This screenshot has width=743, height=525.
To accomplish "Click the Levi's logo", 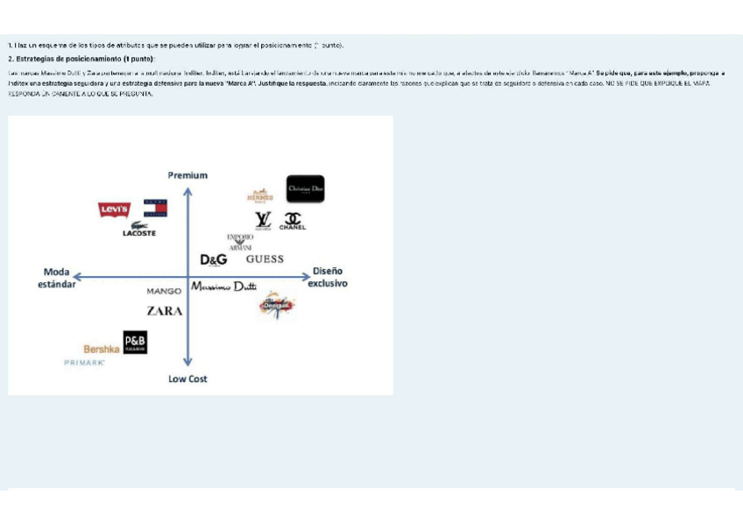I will pos(114,209).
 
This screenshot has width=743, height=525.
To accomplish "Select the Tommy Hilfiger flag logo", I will pos(155,208).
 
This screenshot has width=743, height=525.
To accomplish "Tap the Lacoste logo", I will pos(139,232).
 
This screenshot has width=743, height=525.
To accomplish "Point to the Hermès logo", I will pos(260,196).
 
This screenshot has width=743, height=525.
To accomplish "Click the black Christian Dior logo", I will pos(305,188).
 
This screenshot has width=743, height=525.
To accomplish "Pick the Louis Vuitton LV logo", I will pos(263,220).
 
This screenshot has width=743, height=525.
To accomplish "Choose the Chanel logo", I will pos(293,220).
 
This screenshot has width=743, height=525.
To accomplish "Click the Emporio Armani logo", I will pos(240,242).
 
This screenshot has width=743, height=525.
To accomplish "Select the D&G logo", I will pos(214,259).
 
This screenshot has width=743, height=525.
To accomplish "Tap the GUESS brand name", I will pos(265,259).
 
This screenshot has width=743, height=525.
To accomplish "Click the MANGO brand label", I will pos(164,290).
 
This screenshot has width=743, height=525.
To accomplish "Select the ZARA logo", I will pos(165,310).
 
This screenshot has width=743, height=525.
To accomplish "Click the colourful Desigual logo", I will pos(278,305).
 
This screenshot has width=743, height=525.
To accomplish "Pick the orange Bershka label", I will pos(102,349).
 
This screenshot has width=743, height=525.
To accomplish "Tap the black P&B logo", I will pos(135,343).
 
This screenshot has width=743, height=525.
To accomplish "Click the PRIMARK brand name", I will pos(84,363).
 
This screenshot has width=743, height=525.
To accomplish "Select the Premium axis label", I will pos(188,175).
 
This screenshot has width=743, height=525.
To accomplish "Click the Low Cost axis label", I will pos(188,379).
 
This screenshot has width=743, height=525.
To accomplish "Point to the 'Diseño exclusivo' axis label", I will pos(328,277).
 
